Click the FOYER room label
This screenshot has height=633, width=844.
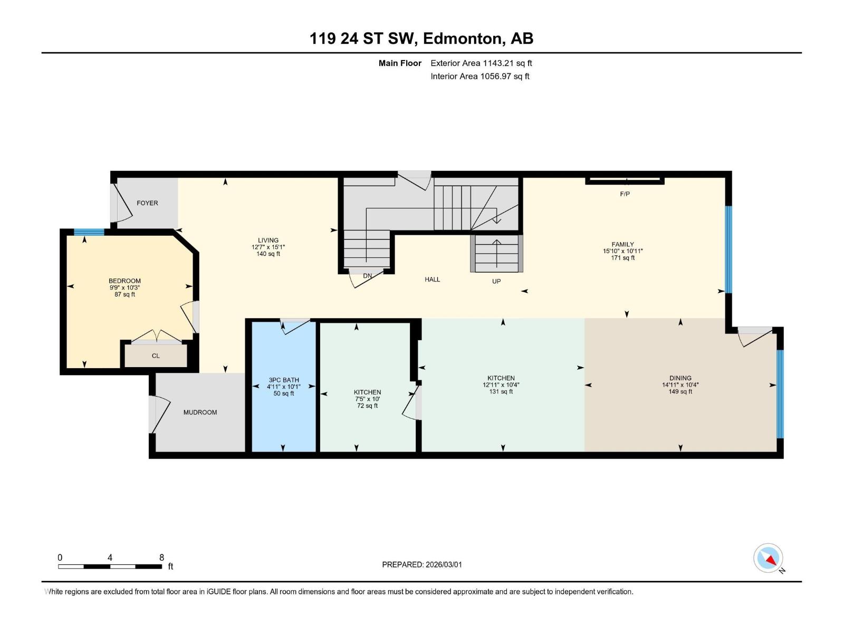tap(147, 203)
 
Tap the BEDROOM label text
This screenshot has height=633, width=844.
tap(124, 281)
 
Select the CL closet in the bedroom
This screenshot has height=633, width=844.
tap(156, 356)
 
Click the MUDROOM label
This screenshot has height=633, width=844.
tap(200, 413)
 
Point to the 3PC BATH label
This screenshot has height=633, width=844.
tap(284, 380)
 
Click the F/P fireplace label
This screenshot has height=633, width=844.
tap(625, 194)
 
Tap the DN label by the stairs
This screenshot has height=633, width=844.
tap(368, 276)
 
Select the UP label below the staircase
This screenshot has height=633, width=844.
tap(496, 282)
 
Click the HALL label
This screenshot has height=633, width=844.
tap(432, 280)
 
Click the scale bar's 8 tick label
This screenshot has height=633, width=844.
tap(161, 558)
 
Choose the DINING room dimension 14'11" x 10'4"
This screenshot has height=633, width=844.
tap(680, 385)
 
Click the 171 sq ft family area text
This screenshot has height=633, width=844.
tap(622, 258)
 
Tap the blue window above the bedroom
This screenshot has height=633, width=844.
tap(89, 232)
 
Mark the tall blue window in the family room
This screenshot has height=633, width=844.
tap(728, 249)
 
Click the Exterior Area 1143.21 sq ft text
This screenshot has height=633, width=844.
tap(481, 63)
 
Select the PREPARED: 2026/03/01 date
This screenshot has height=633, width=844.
tap(422, 564)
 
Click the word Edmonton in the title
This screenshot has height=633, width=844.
tap(462, 39)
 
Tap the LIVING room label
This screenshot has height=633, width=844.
tap(268, 241)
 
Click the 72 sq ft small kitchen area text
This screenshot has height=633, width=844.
tap(367, 406)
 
